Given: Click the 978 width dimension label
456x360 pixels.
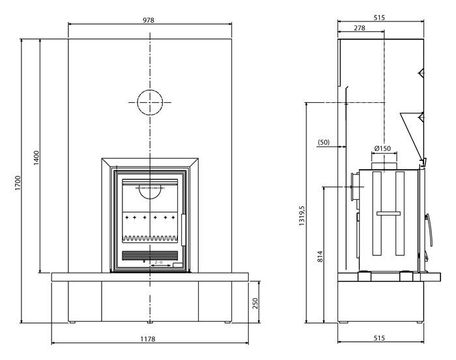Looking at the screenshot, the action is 149,20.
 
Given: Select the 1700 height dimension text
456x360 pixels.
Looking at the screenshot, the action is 18,183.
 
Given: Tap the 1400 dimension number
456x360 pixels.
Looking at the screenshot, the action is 36,158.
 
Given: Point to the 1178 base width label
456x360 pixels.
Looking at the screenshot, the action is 148,339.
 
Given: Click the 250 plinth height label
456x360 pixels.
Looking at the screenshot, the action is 255,303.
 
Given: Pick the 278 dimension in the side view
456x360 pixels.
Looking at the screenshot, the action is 360,28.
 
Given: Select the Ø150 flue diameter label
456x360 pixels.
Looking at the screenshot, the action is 382,148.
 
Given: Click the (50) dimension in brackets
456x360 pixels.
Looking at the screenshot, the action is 324,143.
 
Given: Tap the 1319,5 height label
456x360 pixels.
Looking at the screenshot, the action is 302,215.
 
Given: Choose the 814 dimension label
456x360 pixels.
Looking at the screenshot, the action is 320,256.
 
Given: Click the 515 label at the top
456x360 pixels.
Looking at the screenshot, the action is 379,18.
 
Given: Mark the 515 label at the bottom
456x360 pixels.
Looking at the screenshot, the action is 379,338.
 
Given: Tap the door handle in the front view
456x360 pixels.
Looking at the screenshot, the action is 184,230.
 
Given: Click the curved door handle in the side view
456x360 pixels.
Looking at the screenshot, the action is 429,230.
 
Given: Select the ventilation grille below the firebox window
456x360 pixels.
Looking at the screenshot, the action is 150,255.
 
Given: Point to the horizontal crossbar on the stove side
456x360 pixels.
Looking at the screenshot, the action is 388,214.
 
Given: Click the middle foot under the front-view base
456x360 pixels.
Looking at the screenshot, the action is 150,322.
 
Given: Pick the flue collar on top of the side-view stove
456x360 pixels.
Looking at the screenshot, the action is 384,166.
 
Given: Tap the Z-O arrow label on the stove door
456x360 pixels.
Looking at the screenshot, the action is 158,262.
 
